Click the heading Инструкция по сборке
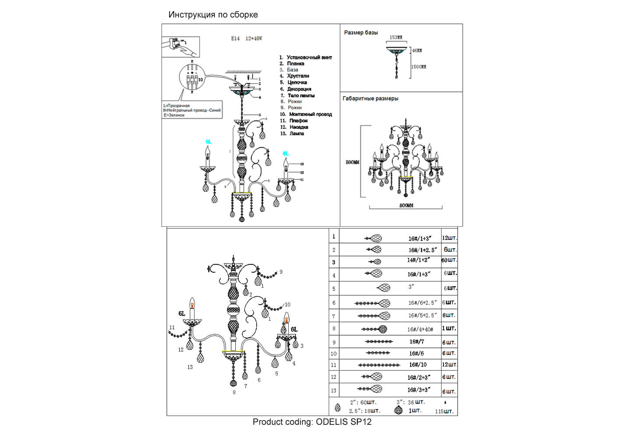tap(213, 14)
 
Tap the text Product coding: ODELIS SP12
tap(312, 422)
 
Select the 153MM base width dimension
tap(396, 38)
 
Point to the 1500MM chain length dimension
tap(419, 67)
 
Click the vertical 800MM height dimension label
tap(353, 162)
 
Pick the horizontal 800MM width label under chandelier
tap(406, 205)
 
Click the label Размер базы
tap(361, 32)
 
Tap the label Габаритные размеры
tap(370, 98)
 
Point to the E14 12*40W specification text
tap(247, 38)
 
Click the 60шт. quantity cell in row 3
tap(449, 260)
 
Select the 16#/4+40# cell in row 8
tap(420, 329)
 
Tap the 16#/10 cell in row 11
tap(418, 364)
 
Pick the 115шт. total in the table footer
tap(444, 411)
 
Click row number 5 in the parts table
tap(334, 289)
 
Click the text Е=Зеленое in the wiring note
tap(174, 115)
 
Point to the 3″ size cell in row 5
tap(411, 287)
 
